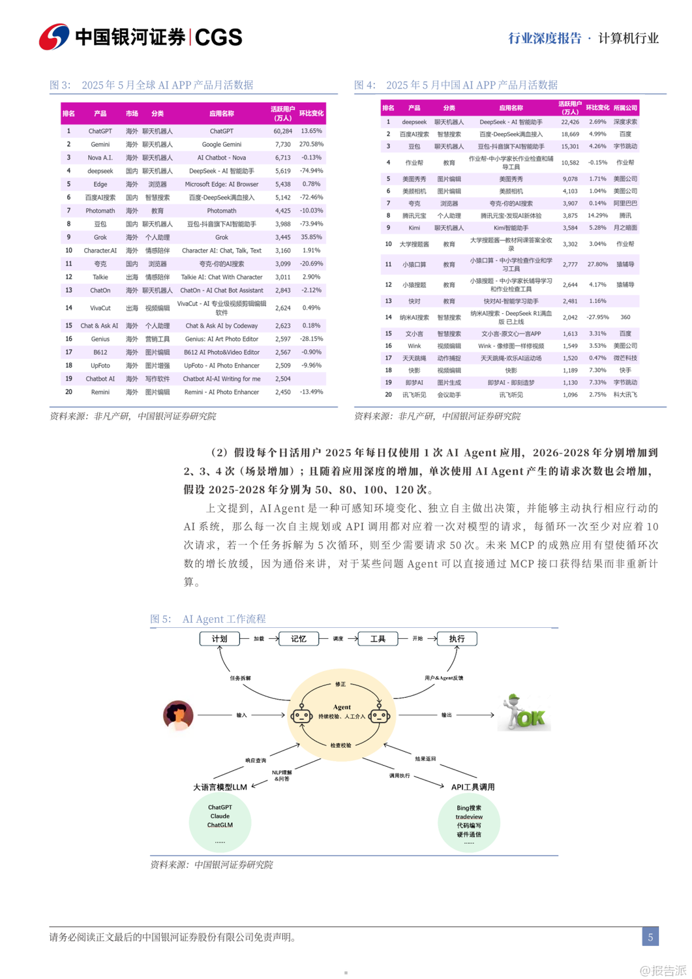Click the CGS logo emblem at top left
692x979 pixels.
pyautogui.click(x=54, y=37)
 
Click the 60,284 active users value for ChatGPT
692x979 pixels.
pyautogui.click(x=282, y=131)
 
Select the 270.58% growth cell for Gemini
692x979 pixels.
pyautogui.click(x=311, y=144)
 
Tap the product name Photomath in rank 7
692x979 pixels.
pyautogui.click(x=100, y=211)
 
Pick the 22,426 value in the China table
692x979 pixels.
pyautogui.click(x=569, y=122)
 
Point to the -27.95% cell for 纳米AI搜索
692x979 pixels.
pyautogui.click(x=597, y=317)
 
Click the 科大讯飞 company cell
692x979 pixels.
pyautogui.click(x=625, y=395)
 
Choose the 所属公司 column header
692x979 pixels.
pyautogui.click(x=625, y=108)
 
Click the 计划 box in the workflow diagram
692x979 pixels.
pyautogui.click(x=219, y=639)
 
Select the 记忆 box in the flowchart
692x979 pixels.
pyautogui.click(x=299, y=639)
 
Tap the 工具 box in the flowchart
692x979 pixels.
pyautogui.click(x=378, y=639)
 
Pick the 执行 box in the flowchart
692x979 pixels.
pyautogui.click(x=457, y=639)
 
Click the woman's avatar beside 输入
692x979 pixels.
pyautogui.click(x=178, y=715)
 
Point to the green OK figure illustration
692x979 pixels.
pyautogui.click(x=526, y=713)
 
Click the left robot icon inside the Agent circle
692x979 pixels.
pyautogui.click(x=301, y=715)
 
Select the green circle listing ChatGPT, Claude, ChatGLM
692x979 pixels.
pyautogui.click(x=220, y=821)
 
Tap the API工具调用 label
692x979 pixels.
pyautogui.click(x=473, y=787)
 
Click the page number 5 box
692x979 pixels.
pyautogui.click(x=650, y=937)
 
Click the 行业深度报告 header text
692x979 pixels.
pyautogui.click(x=545, y=39)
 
